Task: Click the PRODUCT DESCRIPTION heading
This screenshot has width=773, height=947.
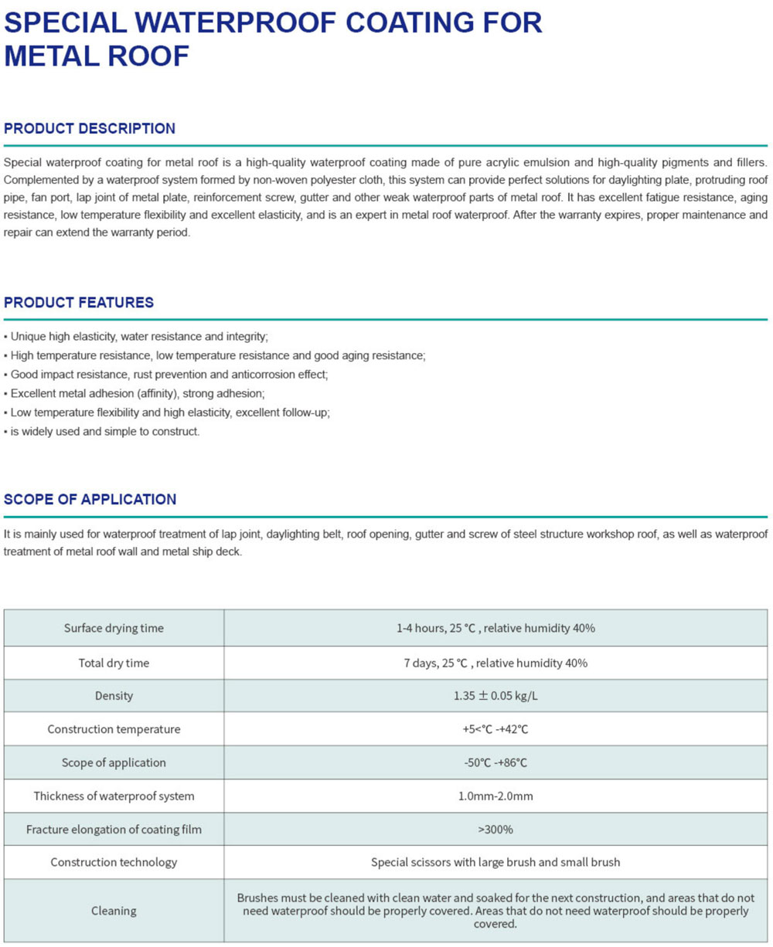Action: click(x=90, y=129)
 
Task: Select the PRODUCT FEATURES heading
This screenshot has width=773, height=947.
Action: click(x=79, y=303)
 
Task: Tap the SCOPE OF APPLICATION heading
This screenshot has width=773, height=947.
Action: click(x=90, y=500)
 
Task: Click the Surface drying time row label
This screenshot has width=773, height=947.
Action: click(x=114, y=628)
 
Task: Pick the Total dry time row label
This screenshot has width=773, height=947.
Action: click(x=114, y=663)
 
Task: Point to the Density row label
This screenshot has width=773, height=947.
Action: click(x=114, y=696)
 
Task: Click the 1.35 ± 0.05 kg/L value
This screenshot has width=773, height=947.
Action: click(x=495, y=696)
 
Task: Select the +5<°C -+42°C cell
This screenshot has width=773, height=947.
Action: click(x=495, y=729)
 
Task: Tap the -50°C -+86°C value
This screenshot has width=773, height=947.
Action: click(x=495, y=762)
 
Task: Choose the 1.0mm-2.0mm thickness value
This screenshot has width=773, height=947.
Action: click(x=495, y=796)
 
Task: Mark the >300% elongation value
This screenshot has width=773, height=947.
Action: click(x=495, y=830)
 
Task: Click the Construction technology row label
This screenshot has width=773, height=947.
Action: click(x=114, y=862)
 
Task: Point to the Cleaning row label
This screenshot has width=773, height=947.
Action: click(x=114, y=911)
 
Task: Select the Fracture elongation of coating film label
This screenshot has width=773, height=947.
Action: click(x=114, y=830)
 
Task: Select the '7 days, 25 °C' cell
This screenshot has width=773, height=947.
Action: click(x=495, y=663)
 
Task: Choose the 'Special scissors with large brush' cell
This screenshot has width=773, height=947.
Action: click(x=495, y=862)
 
